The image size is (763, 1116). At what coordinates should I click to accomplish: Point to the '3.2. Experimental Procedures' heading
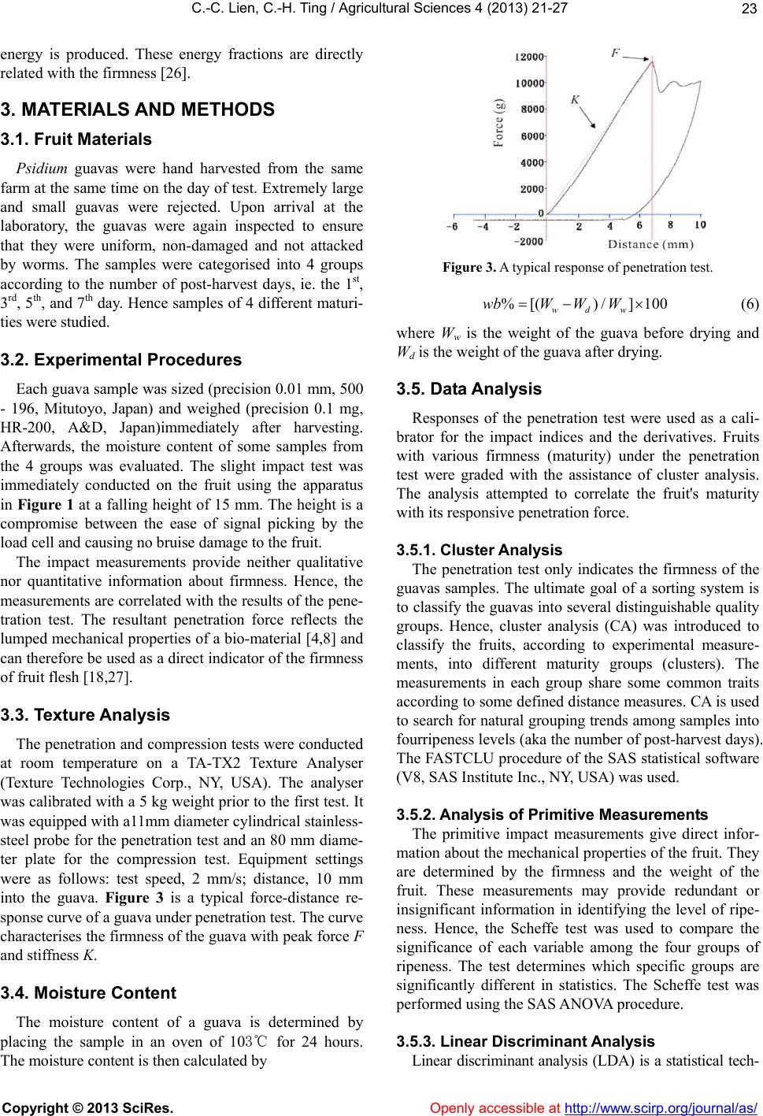(x=120, y=360)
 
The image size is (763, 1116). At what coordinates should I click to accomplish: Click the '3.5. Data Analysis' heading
(x=469, y=389)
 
